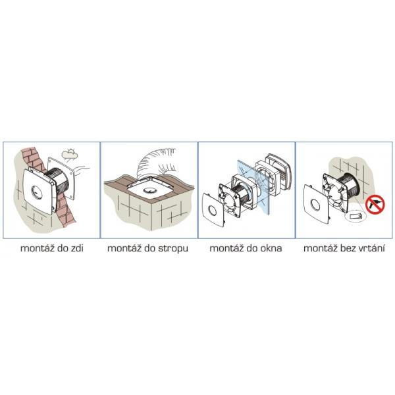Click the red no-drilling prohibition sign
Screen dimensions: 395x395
(375, 205)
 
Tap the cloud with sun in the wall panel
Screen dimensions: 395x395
(69, 153)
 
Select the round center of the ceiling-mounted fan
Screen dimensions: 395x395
(150, 191)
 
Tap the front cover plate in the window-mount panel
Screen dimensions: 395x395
(213, 209)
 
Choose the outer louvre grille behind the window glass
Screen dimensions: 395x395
(279, 172)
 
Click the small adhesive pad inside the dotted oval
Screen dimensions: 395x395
(355, 217)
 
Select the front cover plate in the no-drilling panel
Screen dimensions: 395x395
(316, 204)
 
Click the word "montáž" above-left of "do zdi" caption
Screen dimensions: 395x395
(38, 248)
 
